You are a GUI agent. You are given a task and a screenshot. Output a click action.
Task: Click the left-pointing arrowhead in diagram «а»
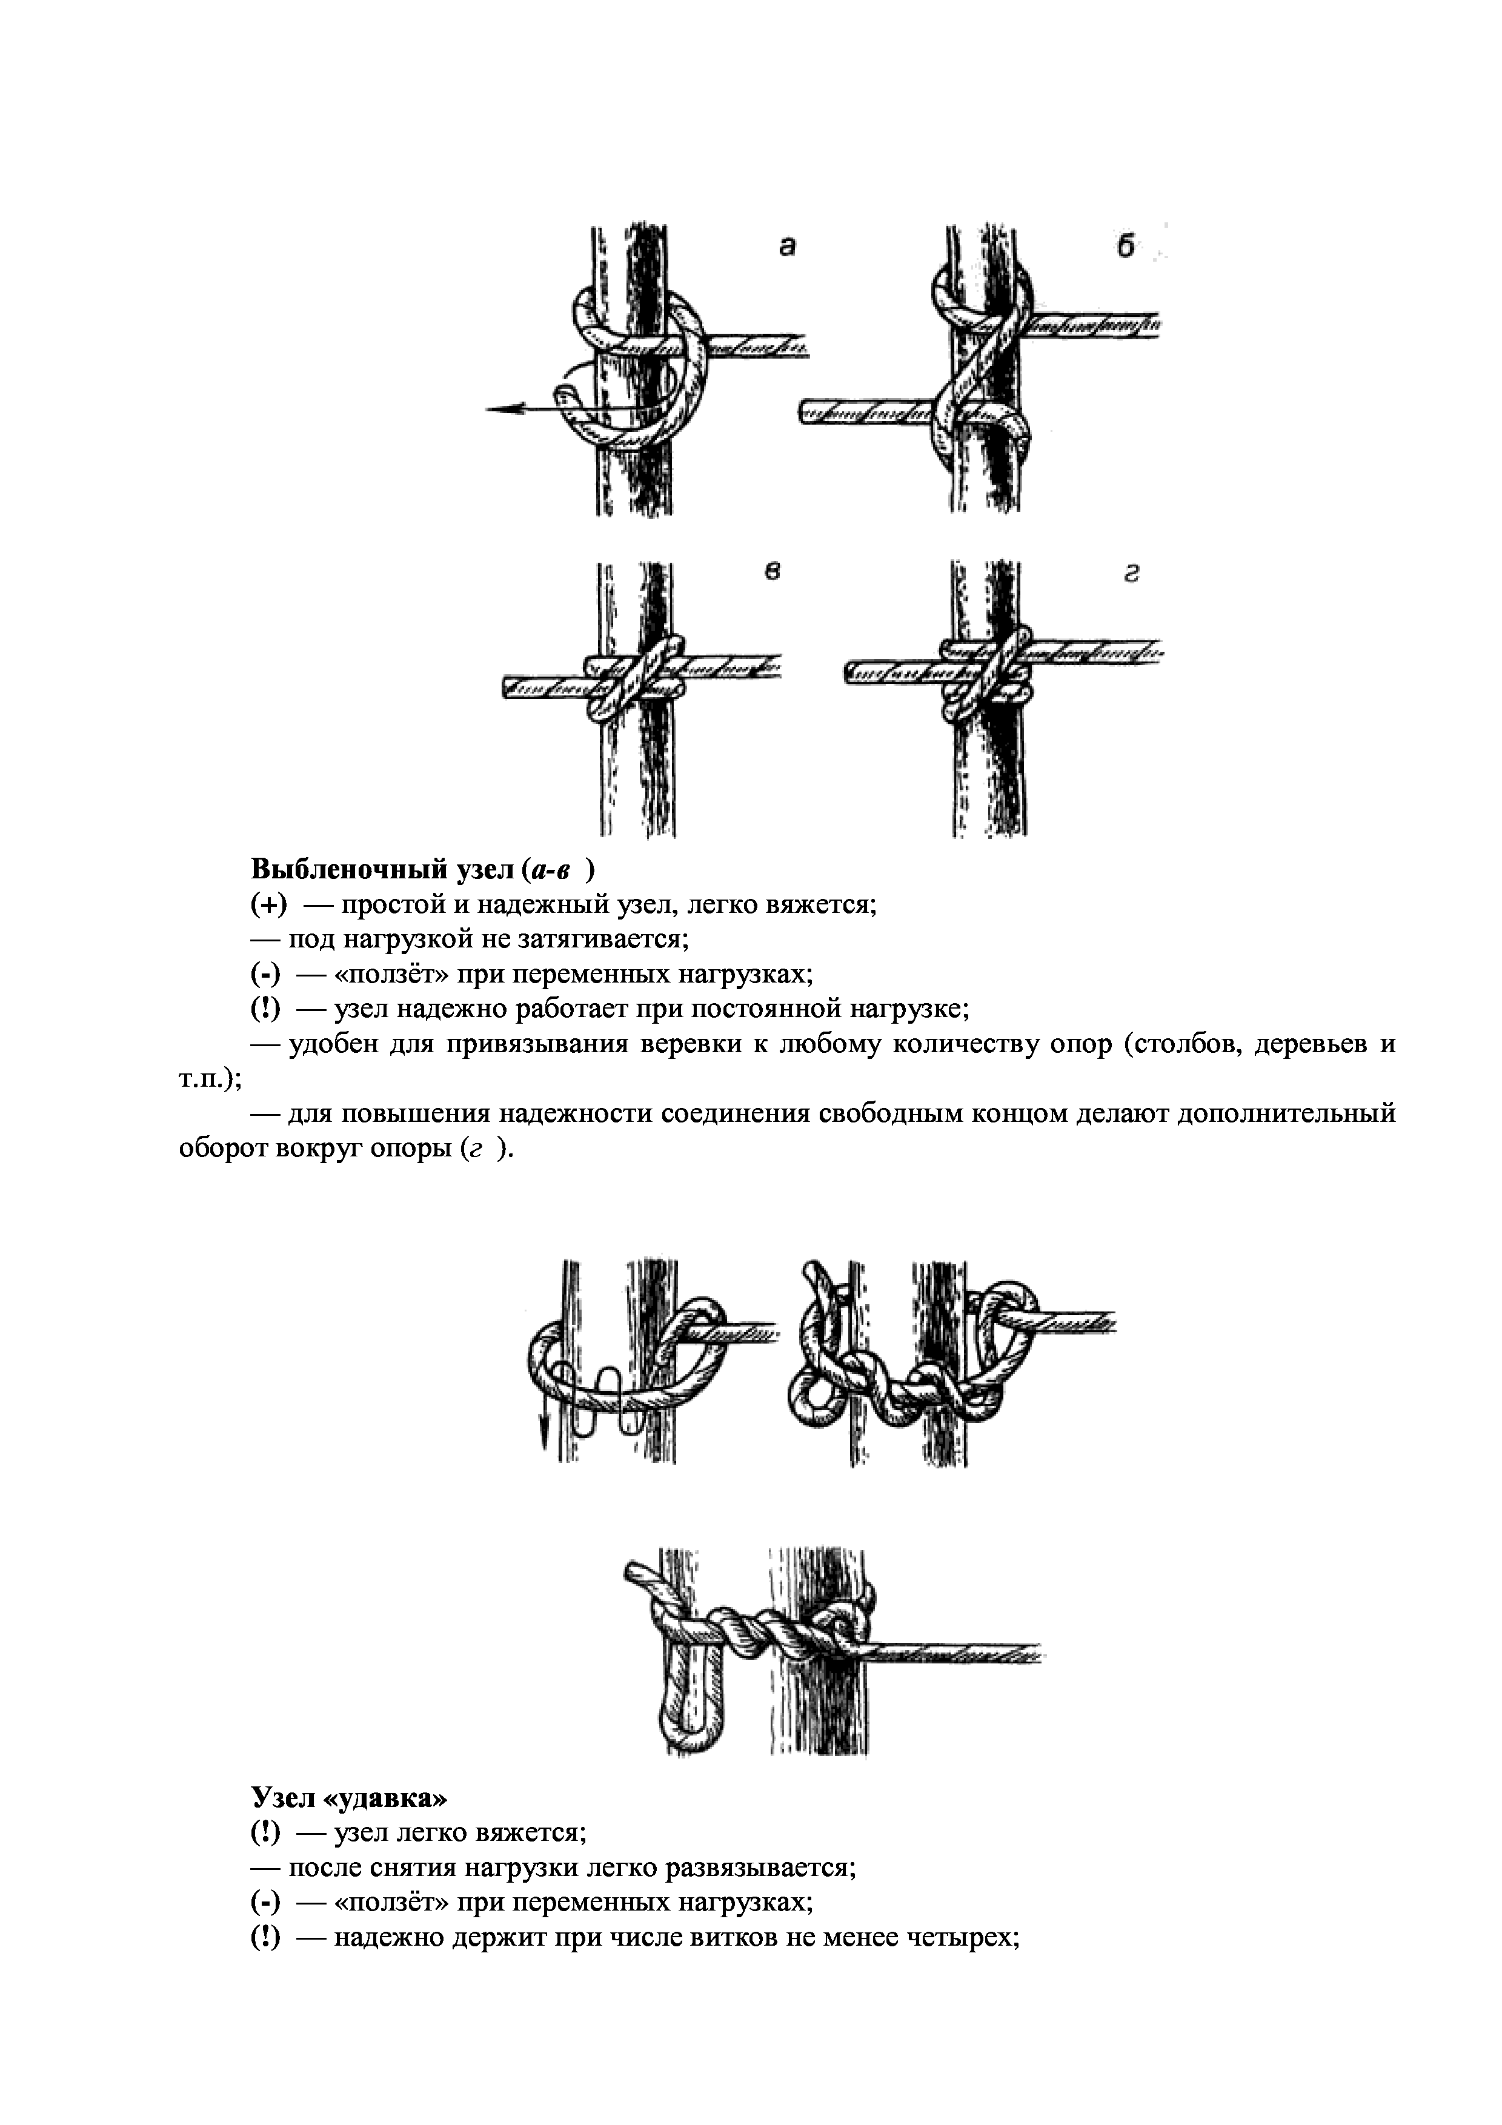[500, 407]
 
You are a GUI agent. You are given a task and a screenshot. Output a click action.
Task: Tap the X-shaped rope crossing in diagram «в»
[636, 678]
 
